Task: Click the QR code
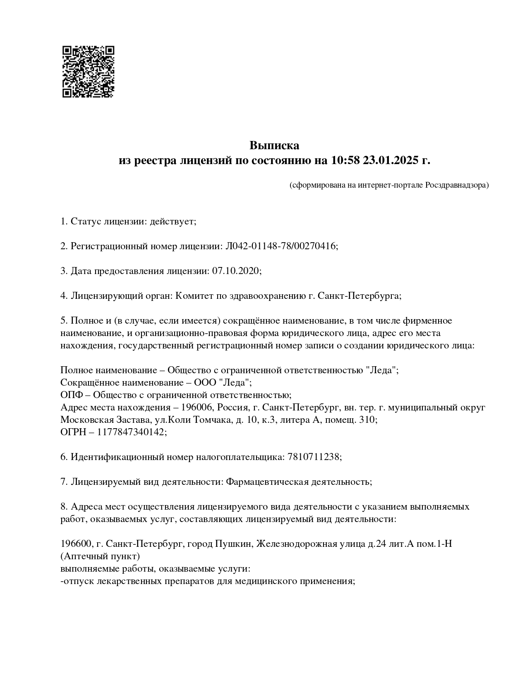point(88,72)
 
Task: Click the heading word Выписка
point(274,145)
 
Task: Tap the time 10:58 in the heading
point(345,160)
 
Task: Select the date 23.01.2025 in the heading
point(391,160)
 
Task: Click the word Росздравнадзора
point(457,185)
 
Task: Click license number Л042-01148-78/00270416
point(281,246)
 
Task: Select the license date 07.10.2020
point(235,271)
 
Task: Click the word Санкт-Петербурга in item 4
point(359,296)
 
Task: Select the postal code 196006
point(199,408)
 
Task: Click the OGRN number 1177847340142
point(131,432)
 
